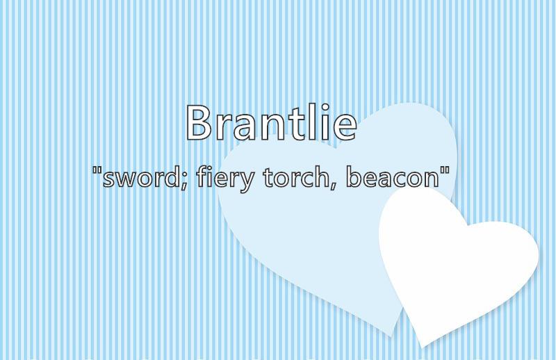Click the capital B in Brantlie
click(199, 122)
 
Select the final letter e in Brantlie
click(345, 127)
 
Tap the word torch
click(297, 177)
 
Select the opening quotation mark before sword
click(96, 170)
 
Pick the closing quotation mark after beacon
click(445, 170)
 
